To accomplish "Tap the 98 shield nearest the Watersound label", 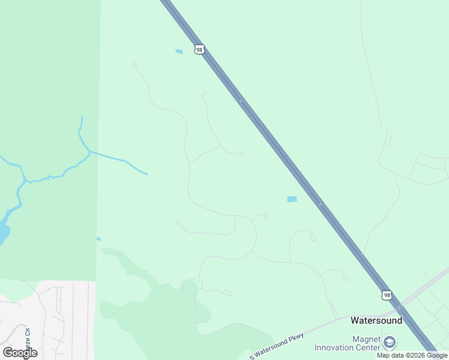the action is point(387,295).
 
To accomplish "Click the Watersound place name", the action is point(376,320).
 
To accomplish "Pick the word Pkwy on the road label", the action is point(296,337).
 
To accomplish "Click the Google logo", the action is point(20,352).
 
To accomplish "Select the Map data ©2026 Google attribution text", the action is point(412,355).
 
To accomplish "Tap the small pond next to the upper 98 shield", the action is point(179,52).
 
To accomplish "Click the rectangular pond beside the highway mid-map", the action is point(292,199).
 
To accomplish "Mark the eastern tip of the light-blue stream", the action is point(146,174).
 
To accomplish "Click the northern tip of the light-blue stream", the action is point(82,118).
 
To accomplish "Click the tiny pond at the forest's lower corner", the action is point(98,239).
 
